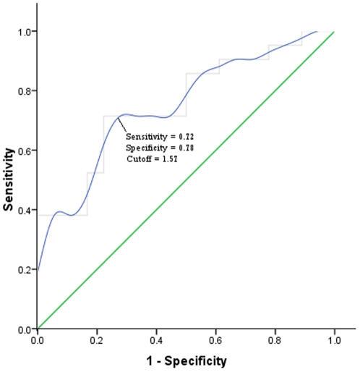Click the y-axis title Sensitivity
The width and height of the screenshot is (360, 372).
9,179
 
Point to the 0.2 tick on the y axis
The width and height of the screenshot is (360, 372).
24,269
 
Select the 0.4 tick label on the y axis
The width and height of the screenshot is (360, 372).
24,210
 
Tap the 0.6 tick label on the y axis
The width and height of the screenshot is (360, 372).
24,151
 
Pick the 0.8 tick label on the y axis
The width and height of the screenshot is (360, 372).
24,91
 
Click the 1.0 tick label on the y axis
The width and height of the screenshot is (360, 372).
24,32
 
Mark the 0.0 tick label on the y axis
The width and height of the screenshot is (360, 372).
24,329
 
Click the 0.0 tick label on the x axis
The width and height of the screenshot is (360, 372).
37,339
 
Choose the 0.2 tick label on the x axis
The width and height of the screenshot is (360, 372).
96,339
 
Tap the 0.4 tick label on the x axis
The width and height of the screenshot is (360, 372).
155,339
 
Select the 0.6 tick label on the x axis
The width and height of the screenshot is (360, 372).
215,339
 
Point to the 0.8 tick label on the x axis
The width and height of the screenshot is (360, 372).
275,339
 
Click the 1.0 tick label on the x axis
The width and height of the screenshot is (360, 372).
334,339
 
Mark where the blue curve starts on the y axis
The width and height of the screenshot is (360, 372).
37,270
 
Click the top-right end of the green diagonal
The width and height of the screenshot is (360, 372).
334,32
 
